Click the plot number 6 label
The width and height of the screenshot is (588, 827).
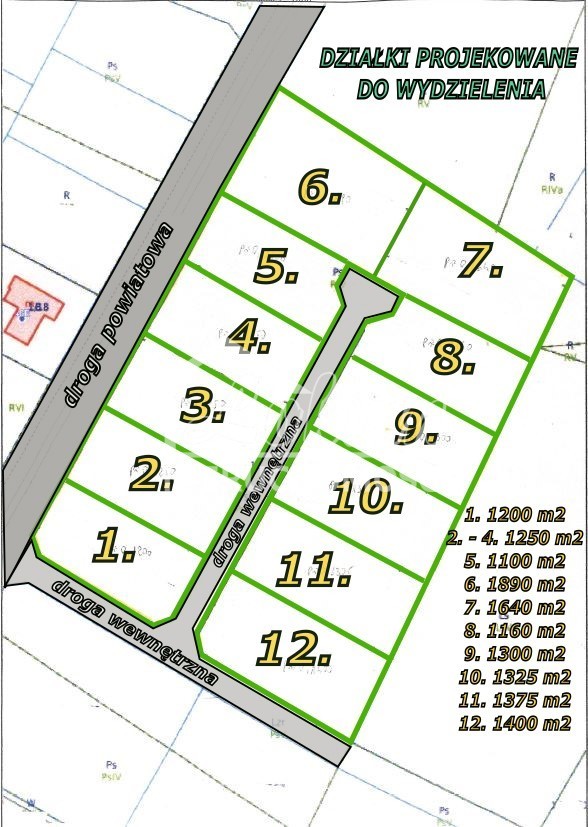[x=319, y=187]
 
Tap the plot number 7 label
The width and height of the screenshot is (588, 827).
[x=479, y=261]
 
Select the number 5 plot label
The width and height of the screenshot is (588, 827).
[x=276, y=267]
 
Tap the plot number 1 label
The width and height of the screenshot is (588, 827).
[x=114, y=546]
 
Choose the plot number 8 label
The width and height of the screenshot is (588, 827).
[x=452, y=357]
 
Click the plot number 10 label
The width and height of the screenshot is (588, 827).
[x=365, y=496]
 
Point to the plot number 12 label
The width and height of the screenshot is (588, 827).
[x=294, y=648]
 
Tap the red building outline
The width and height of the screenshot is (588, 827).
[x=32, y=308]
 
